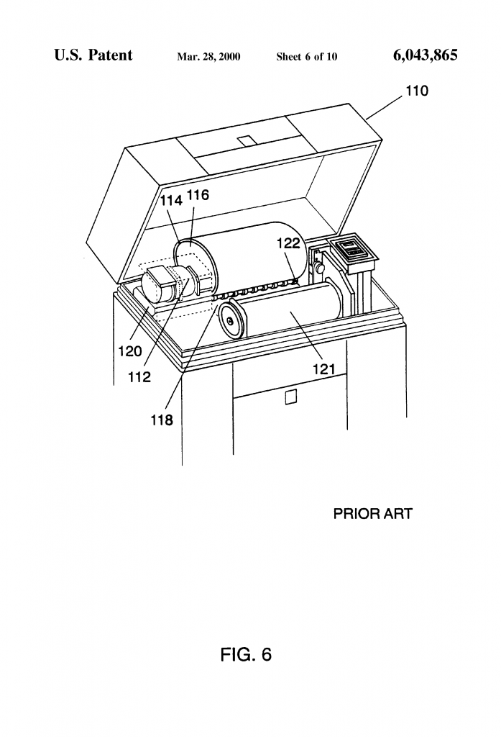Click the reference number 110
417,91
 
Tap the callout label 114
171,201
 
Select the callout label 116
198,195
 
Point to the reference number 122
288,243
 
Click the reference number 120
130,351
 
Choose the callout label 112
139,377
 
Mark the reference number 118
162,420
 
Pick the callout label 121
324,369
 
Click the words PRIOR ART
372,514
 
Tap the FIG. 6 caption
246,654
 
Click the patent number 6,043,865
426,55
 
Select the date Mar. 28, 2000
208,57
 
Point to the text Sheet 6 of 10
307,57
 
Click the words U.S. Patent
93,55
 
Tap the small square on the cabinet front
291,397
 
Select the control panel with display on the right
352,248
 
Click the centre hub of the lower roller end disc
229,321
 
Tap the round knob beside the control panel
321,268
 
